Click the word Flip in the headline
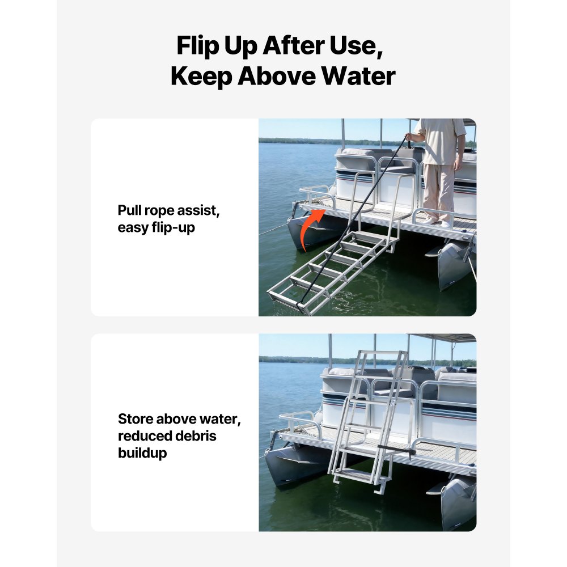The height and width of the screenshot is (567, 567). tap(198, 46)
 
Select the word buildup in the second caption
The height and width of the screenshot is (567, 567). tap(142, 453)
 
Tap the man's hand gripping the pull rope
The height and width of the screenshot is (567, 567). tap(409, 137)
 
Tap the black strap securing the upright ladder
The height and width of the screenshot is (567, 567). tap(396, 450)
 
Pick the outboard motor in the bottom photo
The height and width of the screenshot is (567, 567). tap(456, 502)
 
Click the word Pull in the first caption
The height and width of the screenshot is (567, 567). tap(129, 210)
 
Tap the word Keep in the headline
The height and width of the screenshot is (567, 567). tap(201, 77)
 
